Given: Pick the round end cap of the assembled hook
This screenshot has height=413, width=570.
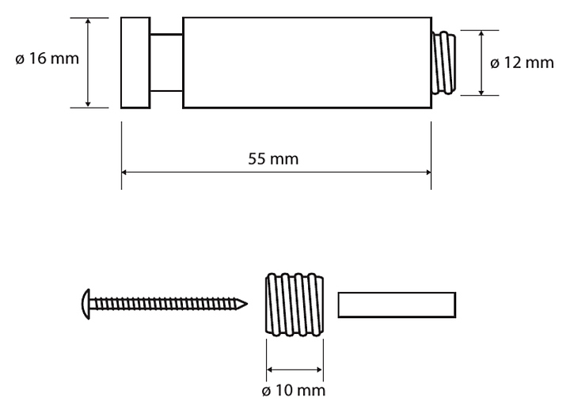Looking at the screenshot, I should (x=135, y=62).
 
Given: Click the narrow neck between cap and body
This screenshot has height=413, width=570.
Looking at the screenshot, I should (x=166, y=62).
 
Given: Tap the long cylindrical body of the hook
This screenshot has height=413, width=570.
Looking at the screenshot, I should (x=306, y=62).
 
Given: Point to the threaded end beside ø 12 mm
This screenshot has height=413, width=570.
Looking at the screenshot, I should (x=444, y=63).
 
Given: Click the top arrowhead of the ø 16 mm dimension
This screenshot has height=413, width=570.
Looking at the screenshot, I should (x=87, y=21).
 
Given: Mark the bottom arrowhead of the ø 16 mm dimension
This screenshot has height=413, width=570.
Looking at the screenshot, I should (x=87, y=102).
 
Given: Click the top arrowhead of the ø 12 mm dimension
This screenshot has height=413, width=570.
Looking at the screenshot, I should (x=482, y=35).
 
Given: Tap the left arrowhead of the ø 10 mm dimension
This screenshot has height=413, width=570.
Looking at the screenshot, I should (x=271, y=368).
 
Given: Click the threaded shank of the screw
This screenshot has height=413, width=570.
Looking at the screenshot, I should (x=166, y=302).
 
